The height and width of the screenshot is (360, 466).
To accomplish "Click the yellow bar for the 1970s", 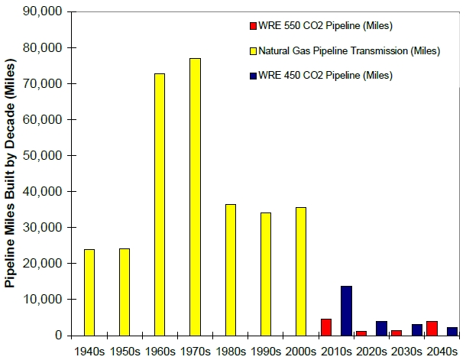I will (195, 196).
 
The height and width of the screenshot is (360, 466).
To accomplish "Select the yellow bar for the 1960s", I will (160, 204).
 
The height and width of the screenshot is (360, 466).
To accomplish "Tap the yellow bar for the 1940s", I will (89, 292).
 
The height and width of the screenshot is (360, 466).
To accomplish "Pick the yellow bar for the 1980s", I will (230, 269).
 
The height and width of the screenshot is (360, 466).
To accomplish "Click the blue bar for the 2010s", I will (346, 310).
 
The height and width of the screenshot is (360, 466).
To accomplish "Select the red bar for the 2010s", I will (325, 326).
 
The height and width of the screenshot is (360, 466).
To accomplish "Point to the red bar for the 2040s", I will (431, 328).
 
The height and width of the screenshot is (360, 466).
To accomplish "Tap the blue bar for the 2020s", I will (381, 328).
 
